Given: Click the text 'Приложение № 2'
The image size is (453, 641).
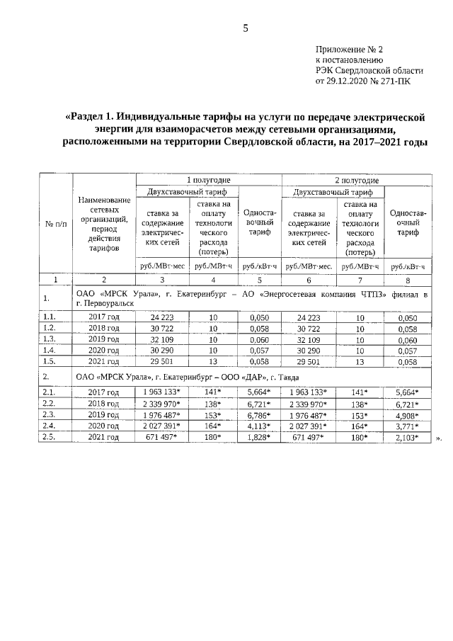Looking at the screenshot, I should pos(349,50).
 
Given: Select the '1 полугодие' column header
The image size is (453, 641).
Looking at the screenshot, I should pos(209,180).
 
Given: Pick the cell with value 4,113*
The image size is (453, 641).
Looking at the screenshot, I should pos(260,426).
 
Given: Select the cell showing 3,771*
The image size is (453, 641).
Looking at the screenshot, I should pos(407,426).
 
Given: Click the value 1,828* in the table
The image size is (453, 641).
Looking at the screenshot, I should pos(260,438).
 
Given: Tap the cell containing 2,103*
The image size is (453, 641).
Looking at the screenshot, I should pos(407,438).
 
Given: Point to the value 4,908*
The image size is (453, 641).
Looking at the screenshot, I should pos(407,414).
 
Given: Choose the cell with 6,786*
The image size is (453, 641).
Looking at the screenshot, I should pos(260,414).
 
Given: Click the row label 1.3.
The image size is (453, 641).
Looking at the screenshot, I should pos(50,339).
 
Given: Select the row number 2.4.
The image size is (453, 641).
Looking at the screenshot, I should pos(50,426).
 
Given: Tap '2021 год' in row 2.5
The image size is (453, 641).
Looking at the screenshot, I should pos(103,438).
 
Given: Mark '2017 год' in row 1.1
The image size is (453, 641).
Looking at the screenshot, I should pos(103,317).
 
